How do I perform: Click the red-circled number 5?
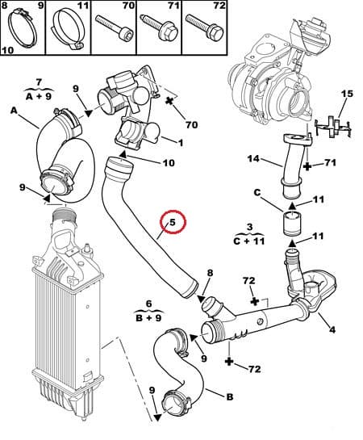pos(171,220)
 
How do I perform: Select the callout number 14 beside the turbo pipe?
pos(252,160)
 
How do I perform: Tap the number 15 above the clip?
pos(346,95)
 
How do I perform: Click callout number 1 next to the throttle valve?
pos(180,144)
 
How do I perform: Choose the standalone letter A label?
pos(14,110)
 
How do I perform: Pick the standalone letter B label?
pos(230,396)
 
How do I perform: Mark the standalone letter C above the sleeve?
pos(256,192)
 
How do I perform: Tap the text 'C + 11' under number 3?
pos(250,240)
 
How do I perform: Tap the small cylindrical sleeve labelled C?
pos(290,224)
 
